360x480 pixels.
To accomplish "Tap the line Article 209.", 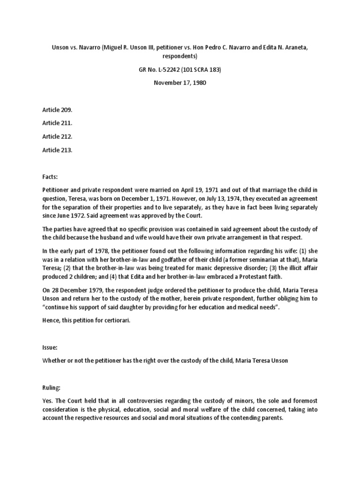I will click(57, 110).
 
